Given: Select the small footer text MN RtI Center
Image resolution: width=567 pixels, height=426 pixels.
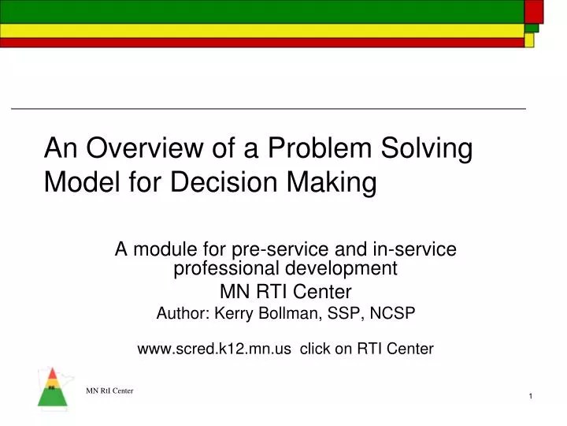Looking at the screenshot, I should coord(110,391).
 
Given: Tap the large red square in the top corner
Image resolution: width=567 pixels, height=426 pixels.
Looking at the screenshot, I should coord(534,11).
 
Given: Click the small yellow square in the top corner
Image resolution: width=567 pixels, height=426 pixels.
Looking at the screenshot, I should coord(529,39).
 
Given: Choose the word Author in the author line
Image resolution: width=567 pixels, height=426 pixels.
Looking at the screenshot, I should coord(182,313).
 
